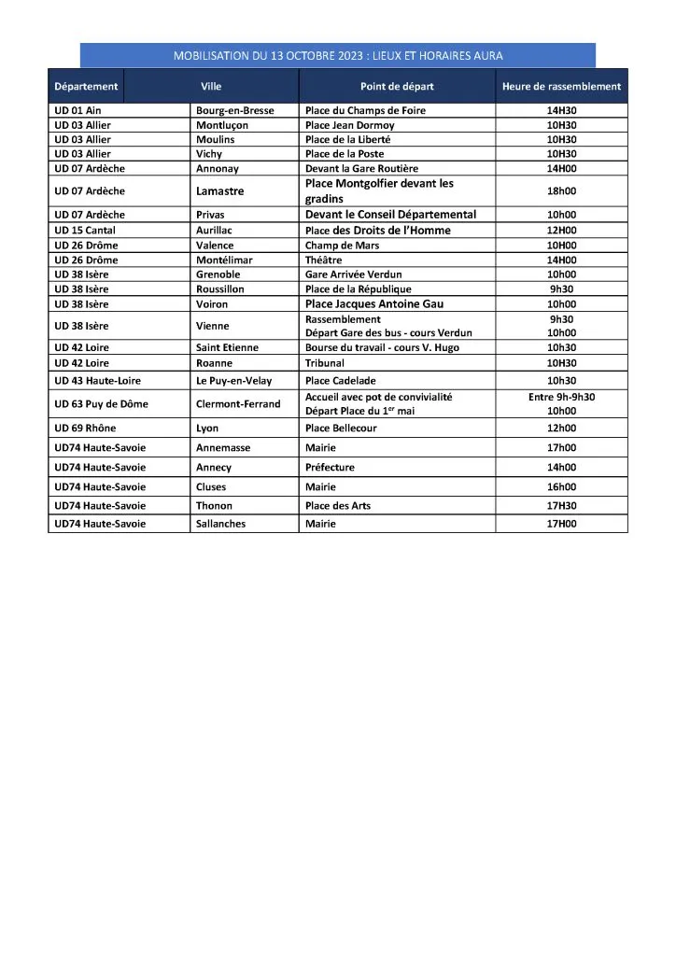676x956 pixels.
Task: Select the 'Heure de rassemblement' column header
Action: tap(561, 87)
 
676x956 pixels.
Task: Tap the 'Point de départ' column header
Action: tap(397, 87)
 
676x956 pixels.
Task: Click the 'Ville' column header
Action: tap(211, 87)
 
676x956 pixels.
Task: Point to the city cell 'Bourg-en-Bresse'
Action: tap(234, 110)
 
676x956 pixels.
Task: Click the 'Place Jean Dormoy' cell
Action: tap(350, 125)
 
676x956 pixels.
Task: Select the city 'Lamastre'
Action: tap(220, 191)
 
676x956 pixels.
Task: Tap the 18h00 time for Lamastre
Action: tap(561, 191)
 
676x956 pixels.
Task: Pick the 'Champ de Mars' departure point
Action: tap(342, 246)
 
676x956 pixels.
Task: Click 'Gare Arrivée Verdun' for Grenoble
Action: tap(356, 274)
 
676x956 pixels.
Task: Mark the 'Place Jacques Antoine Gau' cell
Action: tap(374, 304)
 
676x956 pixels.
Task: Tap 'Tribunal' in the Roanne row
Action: tap(325, 362)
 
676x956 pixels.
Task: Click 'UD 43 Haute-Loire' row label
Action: tap(98, 381)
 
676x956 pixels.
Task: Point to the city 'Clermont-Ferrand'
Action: tap(238, 404)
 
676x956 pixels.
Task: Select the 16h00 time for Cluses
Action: tap(561, 487)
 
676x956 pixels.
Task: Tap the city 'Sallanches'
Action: tap(221, 525)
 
